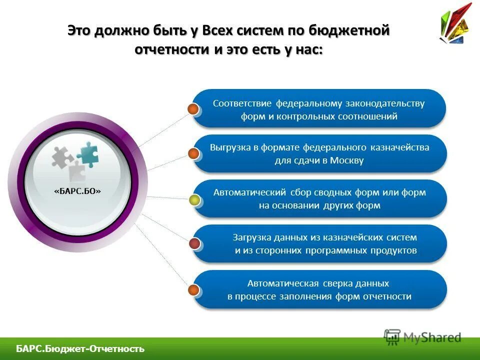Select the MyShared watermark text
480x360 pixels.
(432, 337)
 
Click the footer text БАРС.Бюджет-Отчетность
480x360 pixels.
(80, 349)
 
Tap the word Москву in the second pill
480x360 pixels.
(346, 160)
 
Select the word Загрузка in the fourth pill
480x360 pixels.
(251, 237)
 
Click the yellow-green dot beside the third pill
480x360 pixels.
(194, 200)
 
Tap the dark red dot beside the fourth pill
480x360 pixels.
(194, 244)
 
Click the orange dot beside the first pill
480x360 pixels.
(193, 109)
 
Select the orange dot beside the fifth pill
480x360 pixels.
(193, 289)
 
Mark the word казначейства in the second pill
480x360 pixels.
(400, 147)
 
